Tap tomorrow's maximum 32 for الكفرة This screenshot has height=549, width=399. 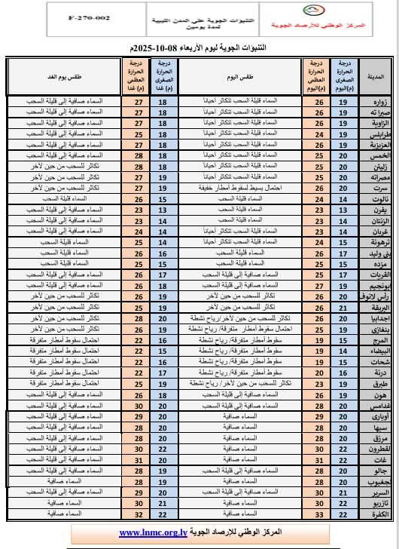(138, 514)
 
